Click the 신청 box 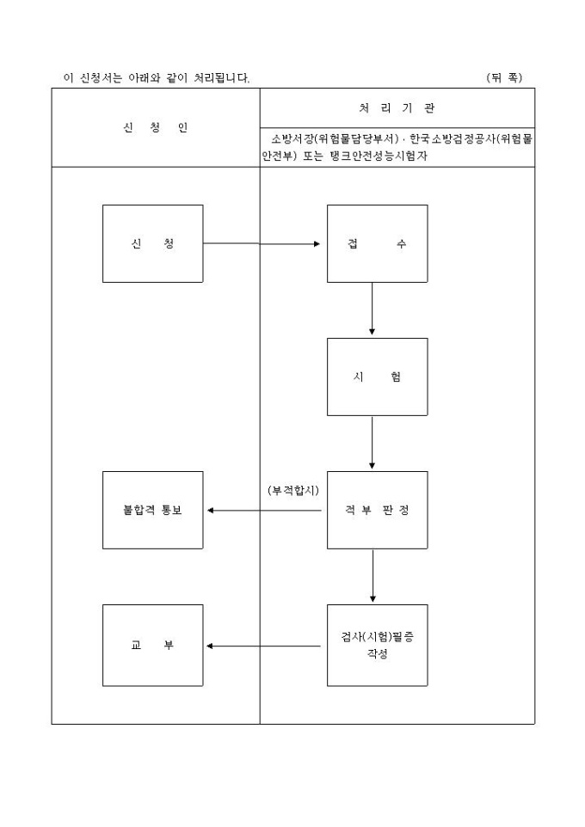(x=152, y=243)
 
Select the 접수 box (x=377, y=243)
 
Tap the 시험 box (x=377, y=377)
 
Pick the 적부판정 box (x=377, y=510)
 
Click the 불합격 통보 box (x=152, y=510)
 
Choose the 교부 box (x=152, y=645)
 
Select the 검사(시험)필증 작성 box (x=377, y=645)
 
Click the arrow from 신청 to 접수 (x=262, y=243)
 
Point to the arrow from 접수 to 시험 (x=372, y=309)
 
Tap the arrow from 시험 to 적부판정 (x=372, y=443)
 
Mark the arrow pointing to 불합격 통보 (x=267, y=510)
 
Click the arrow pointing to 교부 (x=267, y=646)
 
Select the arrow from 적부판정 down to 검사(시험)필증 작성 (x=373, y=576)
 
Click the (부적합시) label (x=293, y=490)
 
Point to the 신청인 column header (x=155, y=128)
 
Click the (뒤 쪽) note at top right (x=504, y=78)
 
